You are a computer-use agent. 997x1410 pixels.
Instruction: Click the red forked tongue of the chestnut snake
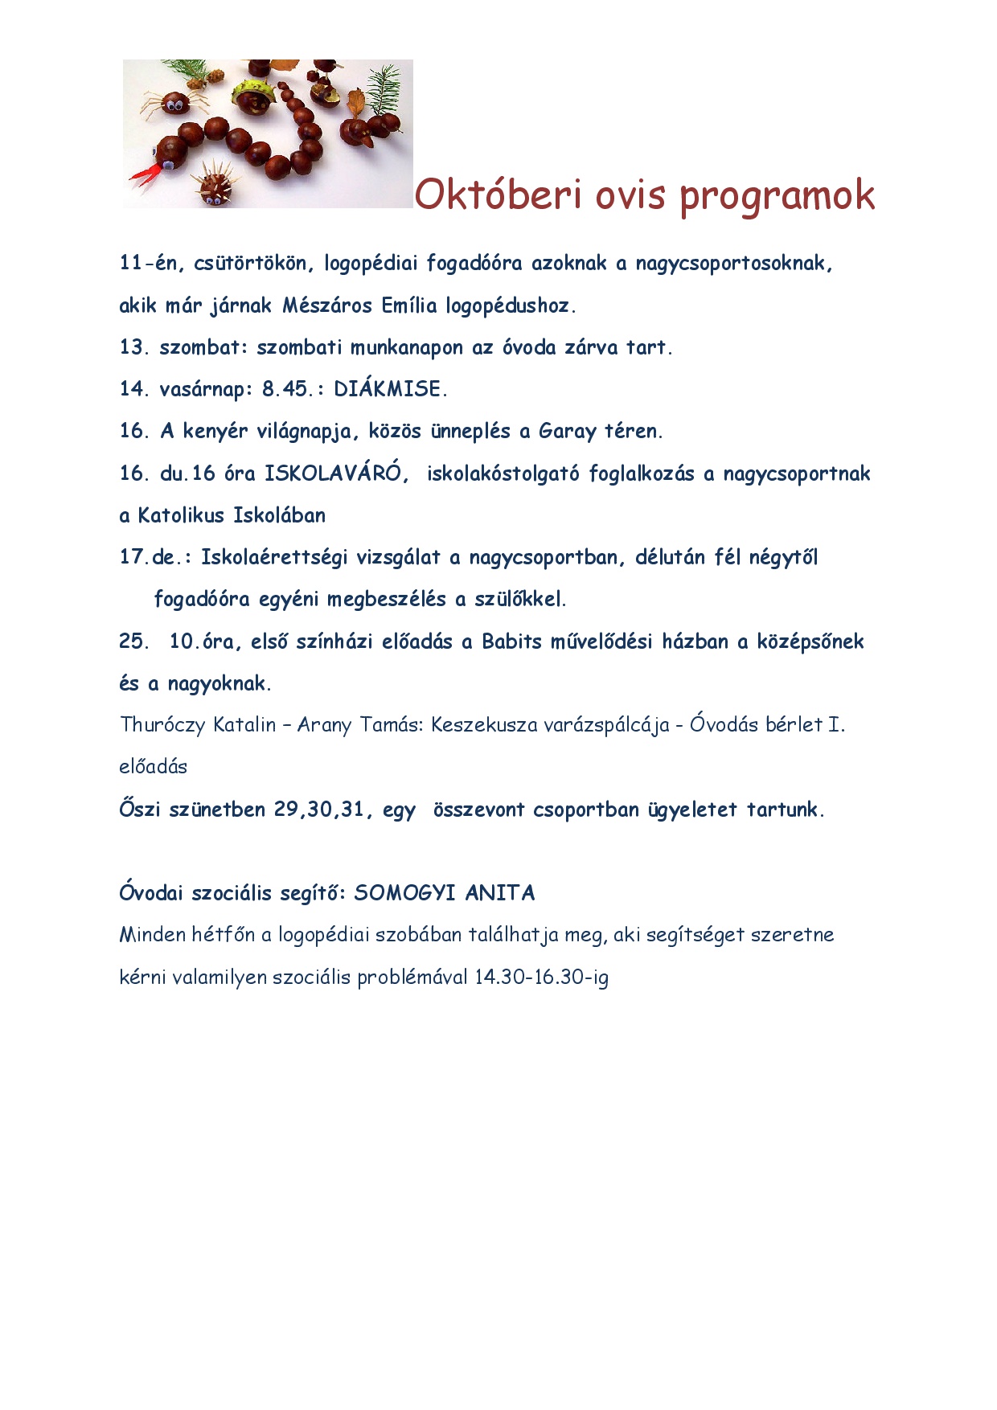click(x=143, y=174)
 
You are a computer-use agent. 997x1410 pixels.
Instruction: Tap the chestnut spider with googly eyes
click(x=172, y=103)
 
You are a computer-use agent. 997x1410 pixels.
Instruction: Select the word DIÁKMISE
click(x=388, y=389)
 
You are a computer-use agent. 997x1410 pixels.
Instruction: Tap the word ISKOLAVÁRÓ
click(x=332, y=473)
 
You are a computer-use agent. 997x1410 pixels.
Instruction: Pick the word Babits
click(x=511, y=641)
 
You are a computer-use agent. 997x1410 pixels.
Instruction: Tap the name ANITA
click(x=499, y=893)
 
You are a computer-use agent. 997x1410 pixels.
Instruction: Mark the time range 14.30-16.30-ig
click(x=541, y=978)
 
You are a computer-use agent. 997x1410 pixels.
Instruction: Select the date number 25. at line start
click(x=133, y=641)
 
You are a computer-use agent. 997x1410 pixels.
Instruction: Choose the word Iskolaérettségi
click(x=273, y=557)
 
